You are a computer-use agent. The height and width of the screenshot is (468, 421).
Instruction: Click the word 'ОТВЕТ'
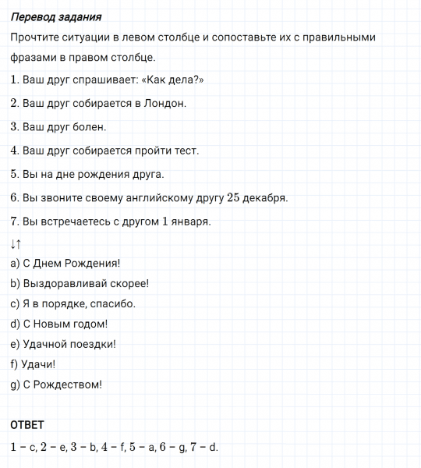pyautogui.click(x=27, y=425)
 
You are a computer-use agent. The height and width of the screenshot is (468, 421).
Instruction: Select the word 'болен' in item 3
pyautogui.click(x=89, y=126)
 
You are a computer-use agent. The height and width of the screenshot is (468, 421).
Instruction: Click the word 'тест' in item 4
pyautogui.click(x=186, y=150)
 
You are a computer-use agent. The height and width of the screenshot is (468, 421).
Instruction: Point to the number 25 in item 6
pyautogui.click(x=235, y=197)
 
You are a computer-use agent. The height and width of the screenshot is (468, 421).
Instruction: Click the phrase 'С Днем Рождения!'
pyautogui.click(x=71, y=263)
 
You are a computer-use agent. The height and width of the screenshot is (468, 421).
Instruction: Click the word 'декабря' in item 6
pyautogui.click(x=267, y=197)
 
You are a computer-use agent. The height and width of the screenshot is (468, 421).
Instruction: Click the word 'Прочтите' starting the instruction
pyautogui.click(x=37, y=37)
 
